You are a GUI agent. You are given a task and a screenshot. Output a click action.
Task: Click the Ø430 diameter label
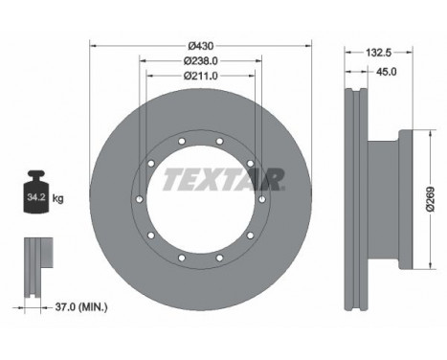pos(200,45)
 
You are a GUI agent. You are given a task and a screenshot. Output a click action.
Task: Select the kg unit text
pos(58,199)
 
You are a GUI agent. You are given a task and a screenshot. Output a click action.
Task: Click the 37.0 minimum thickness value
pos(64,307)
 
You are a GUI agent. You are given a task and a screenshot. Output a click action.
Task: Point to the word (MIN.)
pos(93,307)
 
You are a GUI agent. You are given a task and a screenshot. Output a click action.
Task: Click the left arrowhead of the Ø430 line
pos(93,45)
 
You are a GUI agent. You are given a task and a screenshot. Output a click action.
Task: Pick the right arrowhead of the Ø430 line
pos(308,45)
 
